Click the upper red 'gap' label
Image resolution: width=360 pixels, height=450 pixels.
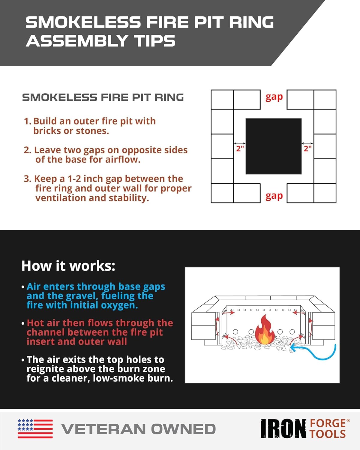pos(274,97)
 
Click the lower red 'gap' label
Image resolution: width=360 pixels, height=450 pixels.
pos(274,196)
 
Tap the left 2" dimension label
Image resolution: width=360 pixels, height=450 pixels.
pos(240,149)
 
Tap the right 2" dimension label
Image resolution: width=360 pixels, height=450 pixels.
pos(308,149)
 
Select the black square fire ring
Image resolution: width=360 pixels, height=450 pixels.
pos(274,146)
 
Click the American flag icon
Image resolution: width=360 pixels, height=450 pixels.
pos(35,429)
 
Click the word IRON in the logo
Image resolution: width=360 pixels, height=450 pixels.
pos(283,429)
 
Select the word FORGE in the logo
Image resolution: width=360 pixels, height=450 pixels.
pos(328,424)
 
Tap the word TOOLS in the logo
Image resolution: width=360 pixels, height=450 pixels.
pos(328,434)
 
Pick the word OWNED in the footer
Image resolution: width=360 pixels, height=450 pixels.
pos(183,429)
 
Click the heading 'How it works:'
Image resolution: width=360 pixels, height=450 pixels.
pos(68,266)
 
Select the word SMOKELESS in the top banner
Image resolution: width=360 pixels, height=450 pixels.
pos(83,22)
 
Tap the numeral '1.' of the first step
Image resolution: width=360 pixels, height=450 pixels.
pos(28,121)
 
